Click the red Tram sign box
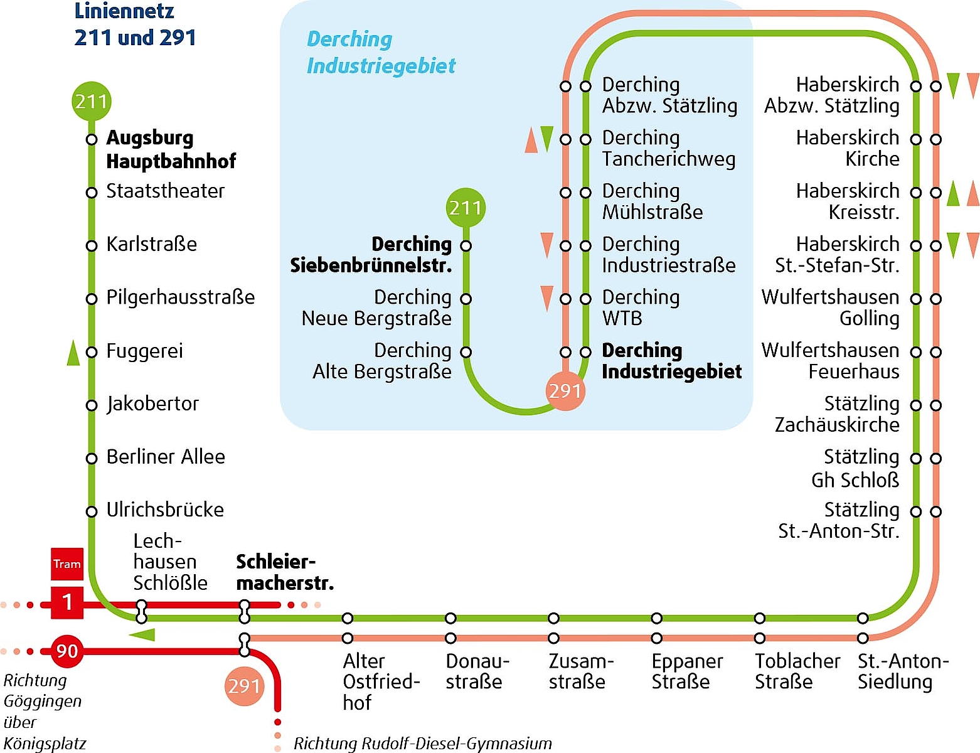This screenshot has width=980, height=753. pyautogui.click(x=67, y=563)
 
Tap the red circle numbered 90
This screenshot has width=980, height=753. pyautogui.click(x=67, y=651)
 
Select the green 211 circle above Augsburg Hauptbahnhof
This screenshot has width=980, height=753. pyautogui.click(x=92, y=102)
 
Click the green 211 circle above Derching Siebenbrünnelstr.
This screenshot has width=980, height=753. pyautogui.click(x=466, y=208)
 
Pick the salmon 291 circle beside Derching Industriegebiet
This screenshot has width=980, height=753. pyautogui.click(x=565, y=391)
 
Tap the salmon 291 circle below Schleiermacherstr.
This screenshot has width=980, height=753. pyautogui.click(x=244, y=686)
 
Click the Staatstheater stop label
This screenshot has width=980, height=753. pyautogui.click(x=165, y=191)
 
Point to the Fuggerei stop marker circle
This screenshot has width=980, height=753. pyautogui.click(x=92, y=351)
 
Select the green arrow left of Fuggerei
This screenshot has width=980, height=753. pyautogui.click(x=73, y=353)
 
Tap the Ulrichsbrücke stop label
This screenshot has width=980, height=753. pyautogui.click(x=165, y=510)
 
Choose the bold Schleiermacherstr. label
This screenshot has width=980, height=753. pyautogui.click(x=285, y=572)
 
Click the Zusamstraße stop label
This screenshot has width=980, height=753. pyautogui.click(x=582, y=671)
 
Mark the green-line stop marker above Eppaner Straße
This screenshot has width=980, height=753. pyautogui.click(x=657, y=617)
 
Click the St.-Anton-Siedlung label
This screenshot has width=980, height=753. pyautogui.click(x=903, y=671)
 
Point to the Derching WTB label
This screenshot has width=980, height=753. pyautogui.click(x=641, y=308)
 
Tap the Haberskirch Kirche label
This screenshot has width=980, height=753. pyautogui.click(x=848, y=148)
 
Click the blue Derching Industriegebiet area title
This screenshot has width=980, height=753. pyautogui.click(x=381, y=52)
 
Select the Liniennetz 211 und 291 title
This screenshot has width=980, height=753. pyautogui.click(x=135, y=24)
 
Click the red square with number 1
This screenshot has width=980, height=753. pyautogui.click(x=67, y=602)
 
